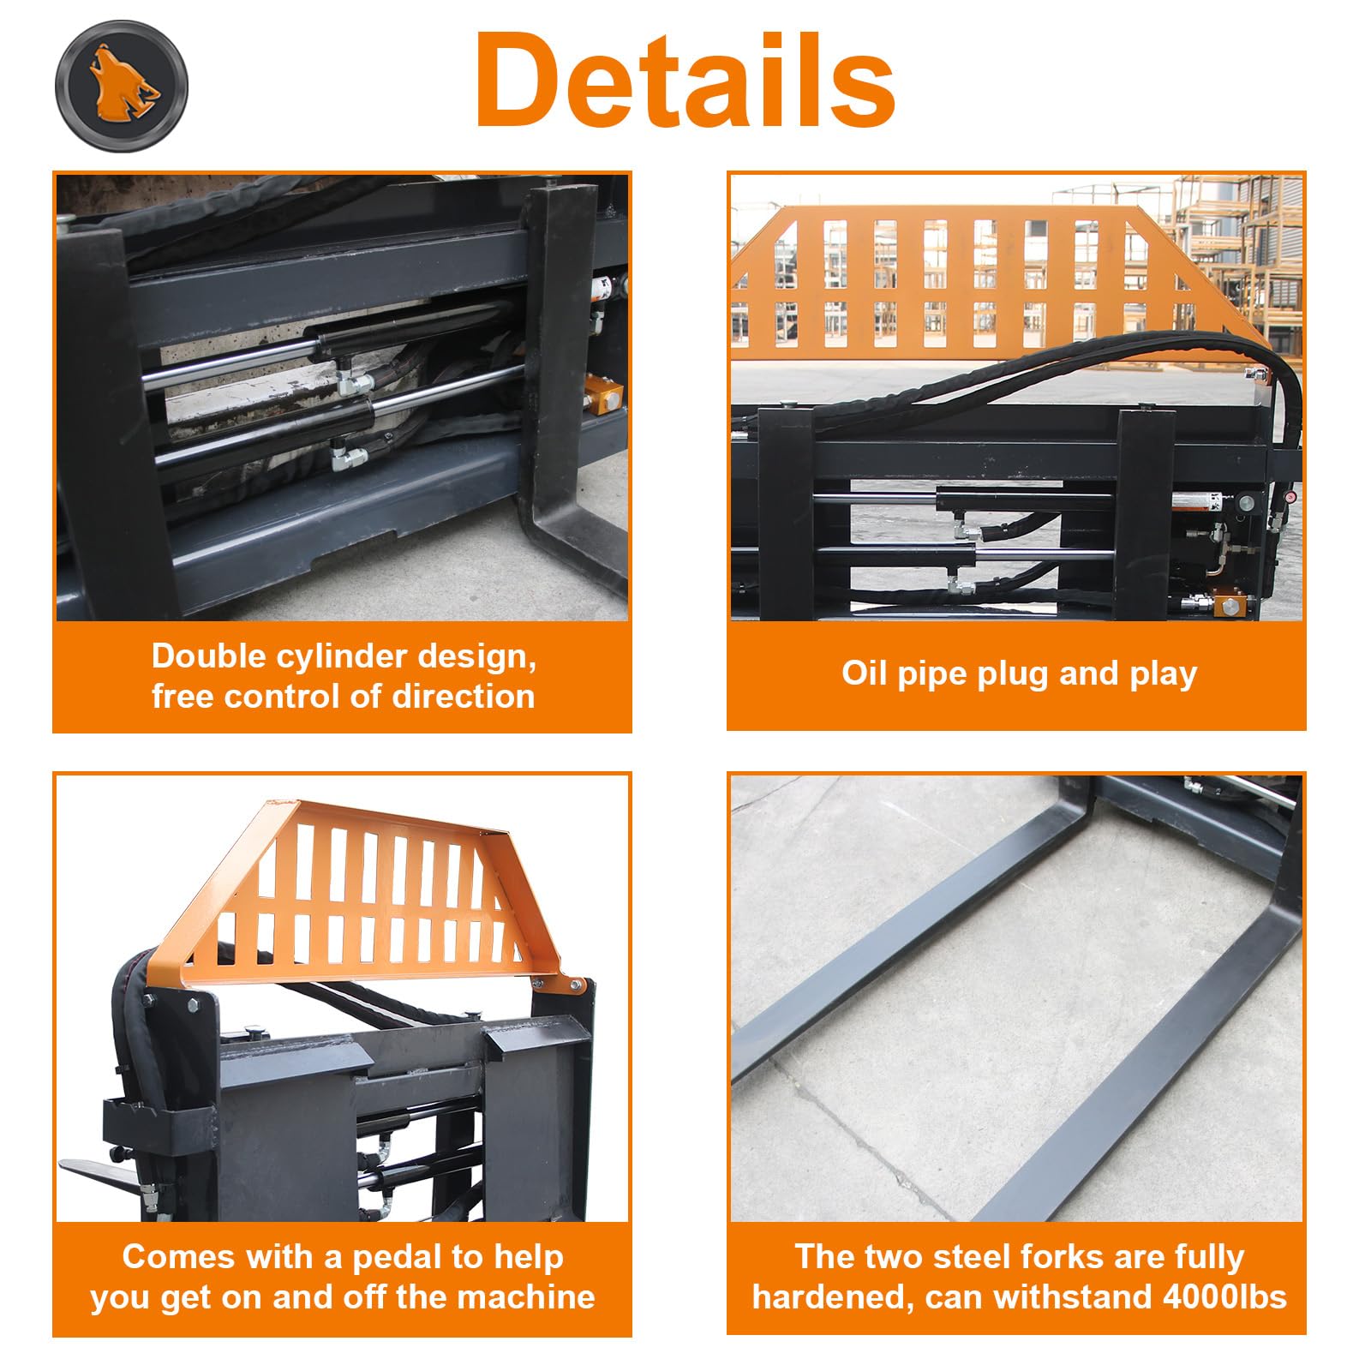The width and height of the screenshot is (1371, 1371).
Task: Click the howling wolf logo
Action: tap(121, 86)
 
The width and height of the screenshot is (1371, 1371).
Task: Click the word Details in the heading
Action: tap(686, 81)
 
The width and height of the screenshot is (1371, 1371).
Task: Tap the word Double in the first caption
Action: tap(209, 656)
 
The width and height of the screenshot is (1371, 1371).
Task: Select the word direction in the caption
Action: tap(463, 696)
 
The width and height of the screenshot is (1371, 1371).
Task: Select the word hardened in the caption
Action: tap(826, 1297)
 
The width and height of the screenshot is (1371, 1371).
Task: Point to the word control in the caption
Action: tap(283, 696)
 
